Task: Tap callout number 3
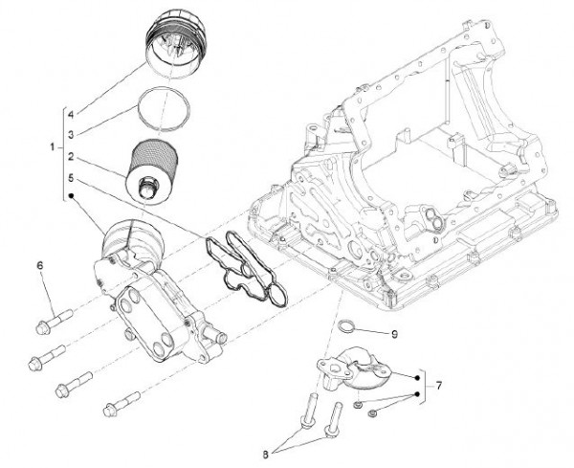[71, 134]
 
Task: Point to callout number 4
[71, 114]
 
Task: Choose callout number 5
[71, 177]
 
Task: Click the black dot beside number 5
[71, 198]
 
